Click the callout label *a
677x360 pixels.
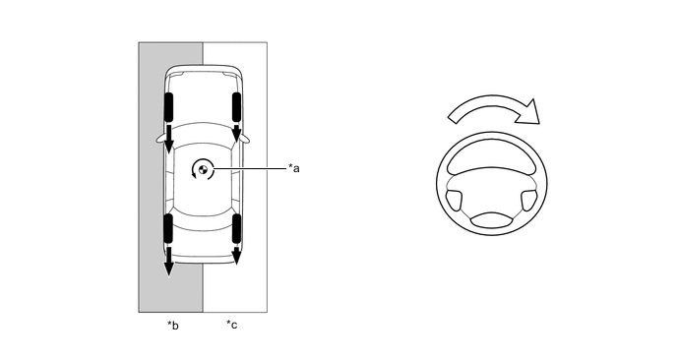[x=293, y=168]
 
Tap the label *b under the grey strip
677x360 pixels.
[x=173, y=325]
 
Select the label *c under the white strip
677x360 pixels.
[x=232, y=325]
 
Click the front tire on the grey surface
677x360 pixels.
[x=168, y=106]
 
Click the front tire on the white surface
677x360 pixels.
[x=236, y=106]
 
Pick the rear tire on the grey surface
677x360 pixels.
[x=168, y=228]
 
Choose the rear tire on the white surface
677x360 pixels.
[x=236, y=228]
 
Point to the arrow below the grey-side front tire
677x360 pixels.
[x=169, y=139]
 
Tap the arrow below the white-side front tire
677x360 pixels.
[x=236, y=134]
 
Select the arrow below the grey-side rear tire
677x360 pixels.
[x=169, y=262]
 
